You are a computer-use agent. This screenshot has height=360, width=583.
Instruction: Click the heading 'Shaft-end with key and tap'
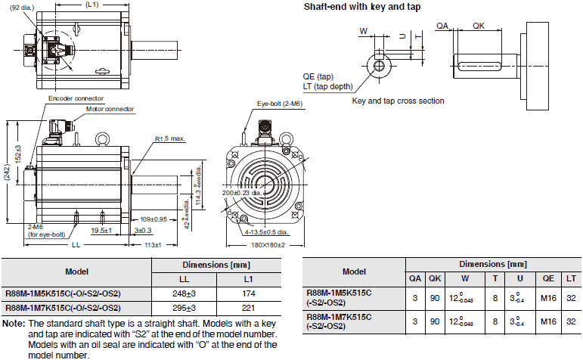pyautogui.click(x=362, y=7)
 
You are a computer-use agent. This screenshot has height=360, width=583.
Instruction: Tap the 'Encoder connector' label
pyautogui.click(x=76, y=98)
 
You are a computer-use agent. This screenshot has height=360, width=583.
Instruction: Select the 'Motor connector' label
pyautogui.click(x=109, y=109)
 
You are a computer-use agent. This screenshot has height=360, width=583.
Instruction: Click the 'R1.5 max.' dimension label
pyautogui.click(x=171, y=139)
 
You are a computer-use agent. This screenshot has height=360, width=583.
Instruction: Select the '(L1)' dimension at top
pyautogui.click(x=91, y=5)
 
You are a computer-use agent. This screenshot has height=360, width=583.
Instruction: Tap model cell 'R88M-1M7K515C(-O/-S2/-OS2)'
pyautogui.click(x=64, y=308)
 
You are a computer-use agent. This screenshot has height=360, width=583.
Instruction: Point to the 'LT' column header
pyautogui.click(x=571, y=278)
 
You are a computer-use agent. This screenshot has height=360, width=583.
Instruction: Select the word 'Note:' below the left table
pyautogui.click(x=13, y=323)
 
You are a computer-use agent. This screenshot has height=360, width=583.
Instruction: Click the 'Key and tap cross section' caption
pyautogui.click(x=398, y=101)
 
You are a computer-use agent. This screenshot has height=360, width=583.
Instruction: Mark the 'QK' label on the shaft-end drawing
pyautogui.click(x=479, y=26)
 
